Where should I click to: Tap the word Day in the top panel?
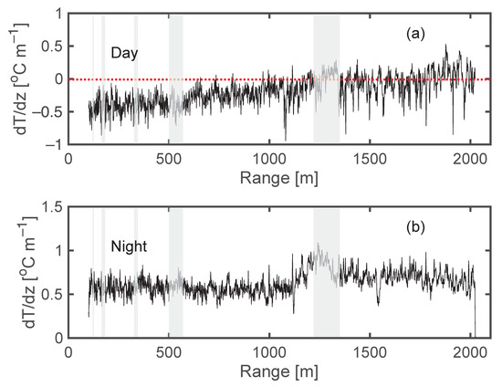pos(124,54)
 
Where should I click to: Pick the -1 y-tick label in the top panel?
pos(54,144)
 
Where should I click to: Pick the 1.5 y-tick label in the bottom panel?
pos(51,207)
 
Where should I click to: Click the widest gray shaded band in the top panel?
pos(326,79)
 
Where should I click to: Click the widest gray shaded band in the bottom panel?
pos(326,272)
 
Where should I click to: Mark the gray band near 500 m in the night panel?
pos(175,272)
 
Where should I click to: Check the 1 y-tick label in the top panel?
pos(58,14)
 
